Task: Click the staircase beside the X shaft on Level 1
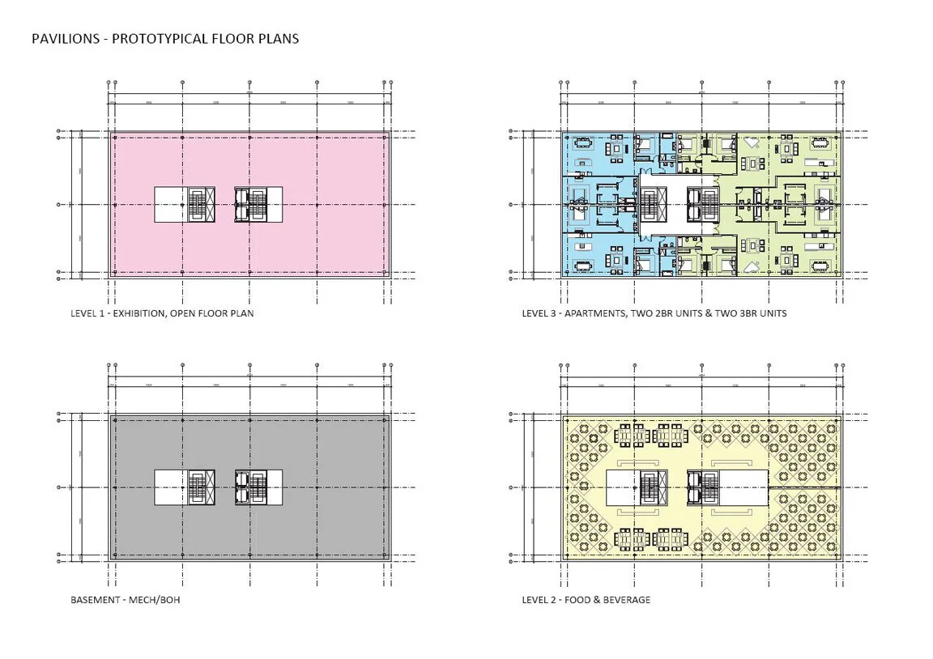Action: pyautogui.click(x=198, y=205)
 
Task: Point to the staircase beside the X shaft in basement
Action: pyautogui.click(x=198, y=487)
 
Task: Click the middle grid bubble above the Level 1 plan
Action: pyautogui.click(x=249, y=83)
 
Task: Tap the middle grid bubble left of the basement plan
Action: pyautogui.click(x=58, y=487)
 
